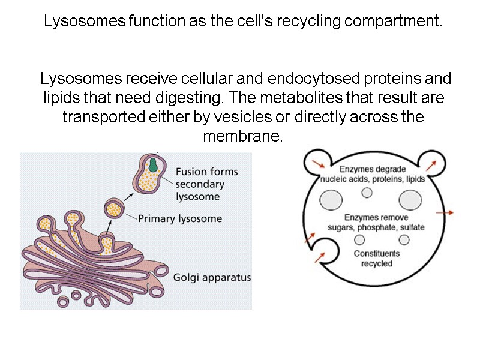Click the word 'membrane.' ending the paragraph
point(242,136)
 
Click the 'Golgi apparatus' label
point(212,278)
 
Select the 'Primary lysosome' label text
point(180,218)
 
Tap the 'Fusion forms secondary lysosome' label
point(206,184)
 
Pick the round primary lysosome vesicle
point(113,209)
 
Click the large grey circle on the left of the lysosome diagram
point(331,200)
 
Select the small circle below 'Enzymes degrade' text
point(367,193)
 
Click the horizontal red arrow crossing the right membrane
point(444,212)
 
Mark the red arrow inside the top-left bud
point(319,163)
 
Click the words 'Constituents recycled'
point(376,259)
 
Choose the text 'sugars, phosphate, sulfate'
point(376,227)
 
